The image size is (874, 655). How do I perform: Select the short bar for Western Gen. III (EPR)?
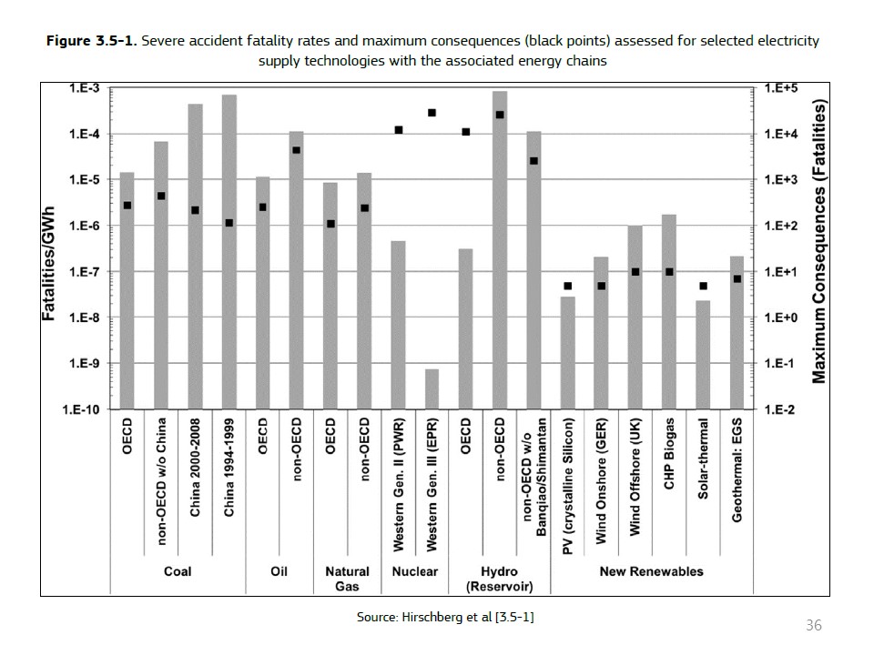pyautogui.click(x=432, y=389)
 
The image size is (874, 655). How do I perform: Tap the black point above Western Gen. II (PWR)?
pyautogui.click(x=399, y=130)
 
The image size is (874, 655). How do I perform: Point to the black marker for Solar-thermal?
pyautogui.click(x=703, y=286)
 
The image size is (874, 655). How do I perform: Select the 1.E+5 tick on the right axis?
pyautogui.click(x=781, y=88)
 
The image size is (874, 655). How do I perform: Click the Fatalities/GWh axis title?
pyautogui.click(x=50, y=264)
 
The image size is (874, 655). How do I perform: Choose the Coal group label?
pyautogui.click(x=178, y=571)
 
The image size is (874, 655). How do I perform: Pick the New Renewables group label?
pyautogui.click(x=651, y=571)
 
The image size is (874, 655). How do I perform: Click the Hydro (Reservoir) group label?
pyautogui.click(x=499, y=579)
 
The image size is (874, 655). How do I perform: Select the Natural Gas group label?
pyautogui.click(x=348, y=579)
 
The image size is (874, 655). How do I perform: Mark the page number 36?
pyautogui.click(x=814, y=625)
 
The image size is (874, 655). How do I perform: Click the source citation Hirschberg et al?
pyautogui.click(x=445, y=617)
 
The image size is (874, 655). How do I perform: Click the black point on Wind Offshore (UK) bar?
pyautogui.click(x=635, y=272)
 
